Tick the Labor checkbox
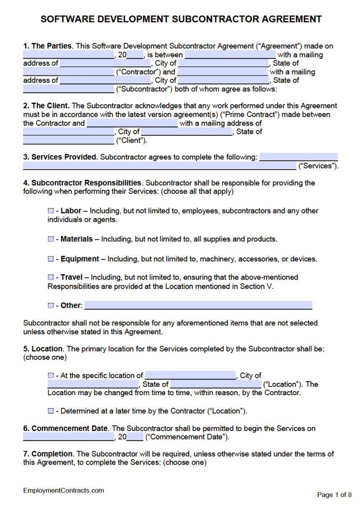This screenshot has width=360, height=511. [50, 211]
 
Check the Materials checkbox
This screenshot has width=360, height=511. [50, 239]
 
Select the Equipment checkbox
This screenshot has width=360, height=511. [50, 259]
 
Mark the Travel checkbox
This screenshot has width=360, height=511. [50, 277]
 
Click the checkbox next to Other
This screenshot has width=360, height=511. [50, 305]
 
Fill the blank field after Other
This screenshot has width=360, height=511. [198, 305]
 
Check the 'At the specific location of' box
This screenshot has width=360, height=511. [50, 375]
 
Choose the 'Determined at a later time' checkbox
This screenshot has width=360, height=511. [50, 411]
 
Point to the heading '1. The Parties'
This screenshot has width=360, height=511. [48, 46]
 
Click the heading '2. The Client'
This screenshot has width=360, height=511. [46, 106]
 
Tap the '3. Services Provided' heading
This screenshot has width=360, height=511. [59, 157]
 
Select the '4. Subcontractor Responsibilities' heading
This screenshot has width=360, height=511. [82, 183]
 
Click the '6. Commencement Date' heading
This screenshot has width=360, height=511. [65, 428]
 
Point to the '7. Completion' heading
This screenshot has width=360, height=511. [48, 454]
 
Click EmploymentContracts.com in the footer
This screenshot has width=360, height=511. [63, 491]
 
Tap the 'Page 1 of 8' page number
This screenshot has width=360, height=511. [335, 495]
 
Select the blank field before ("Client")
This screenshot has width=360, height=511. [68, 140]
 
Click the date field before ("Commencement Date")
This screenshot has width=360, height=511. [68, 437]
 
